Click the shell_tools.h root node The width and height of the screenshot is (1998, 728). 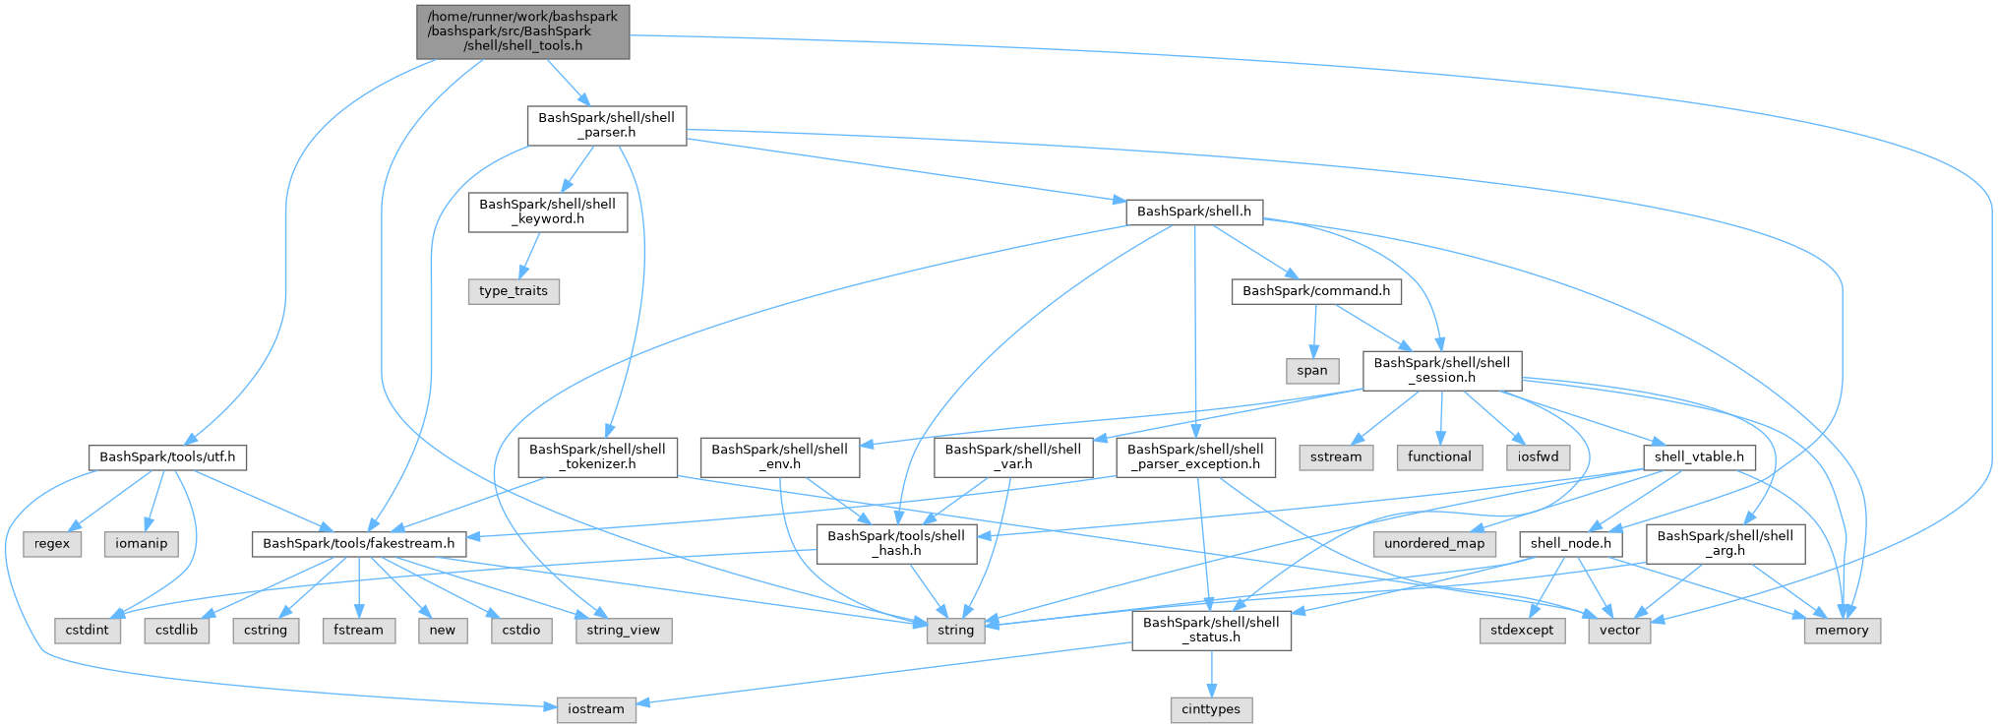523,31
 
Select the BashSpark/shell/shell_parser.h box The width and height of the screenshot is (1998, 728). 606,125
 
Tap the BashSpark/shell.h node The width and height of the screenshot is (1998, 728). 1193,212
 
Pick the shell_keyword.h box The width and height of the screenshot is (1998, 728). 547,212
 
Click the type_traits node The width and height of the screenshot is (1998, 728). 513,291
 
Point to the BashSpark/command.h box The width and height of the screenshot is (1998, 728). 1315,291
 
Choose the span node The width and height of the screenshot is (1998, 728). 1311,371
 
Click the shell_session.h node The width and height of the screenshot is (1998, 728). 1441,370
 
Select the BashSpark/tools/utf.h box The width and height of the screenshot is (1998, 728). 167,457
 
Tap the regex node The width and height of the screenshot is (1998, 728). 52,544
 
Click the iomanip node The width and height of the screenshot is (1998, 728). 142,544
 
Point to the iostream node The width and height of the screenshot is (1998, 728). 595,709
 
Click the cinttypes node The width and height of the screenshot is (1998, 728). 1211,709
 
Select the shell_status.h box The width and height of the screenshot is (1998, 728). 1211,630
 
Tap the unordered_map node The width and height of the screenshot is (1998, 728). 1434,544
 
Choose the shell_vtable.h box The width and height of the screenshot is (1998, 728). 1698,457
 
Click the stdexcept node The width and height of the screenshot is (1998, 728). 1522,631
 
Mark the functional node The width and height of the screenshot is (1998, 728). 1439,457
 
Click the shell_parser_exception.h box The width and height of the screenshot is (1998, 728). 1195,456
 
